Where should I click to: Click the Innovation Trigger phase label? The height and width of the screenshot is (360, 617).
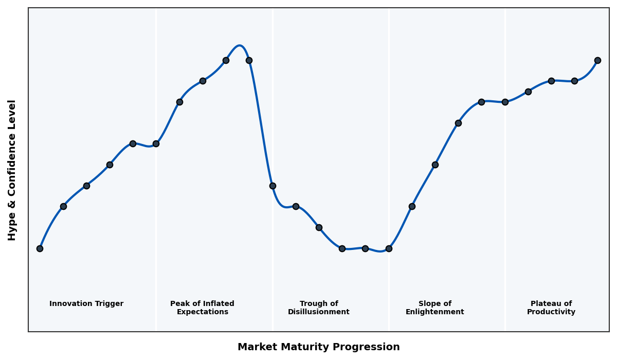86,304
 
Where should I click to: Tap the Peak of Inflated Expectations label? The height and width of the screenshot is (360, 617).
202,308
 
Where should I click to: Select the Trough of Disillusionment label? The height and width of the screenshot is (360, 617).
319,308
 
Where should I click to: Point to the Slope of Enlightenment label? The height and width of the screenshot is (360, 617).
434,308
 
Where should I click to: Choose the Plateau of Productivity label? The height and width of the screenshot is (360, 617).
551,308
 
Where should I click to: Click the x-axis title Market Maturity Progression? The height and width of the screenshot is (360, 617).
318,347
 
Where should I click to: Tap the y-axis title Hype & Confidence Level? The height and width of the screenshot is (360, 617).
12,170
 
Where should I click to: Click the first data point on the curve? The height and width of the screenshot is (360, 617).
40,248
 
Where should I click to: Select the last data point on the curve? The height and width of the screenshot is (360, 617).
597,60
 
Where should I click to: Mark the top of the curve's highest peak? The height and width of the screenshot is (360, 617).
240,45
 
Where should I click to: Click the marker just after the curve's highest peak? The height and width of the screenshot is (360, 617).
249,60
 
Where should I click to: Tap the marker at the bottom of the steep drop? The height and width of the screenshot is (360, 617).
273,186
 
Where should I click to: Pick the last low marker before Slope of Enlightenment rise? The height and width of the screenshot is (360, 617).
389,248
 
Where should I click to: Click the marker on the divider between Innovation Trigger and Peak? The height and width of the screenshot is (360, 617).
156,143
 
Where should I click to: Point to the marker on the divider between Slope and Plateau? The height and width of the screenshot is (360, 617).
505,102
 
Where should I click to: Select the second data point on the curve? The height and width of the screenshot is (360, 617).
63,206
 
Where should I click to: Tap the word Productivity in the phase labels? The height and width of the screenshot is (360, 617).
551,312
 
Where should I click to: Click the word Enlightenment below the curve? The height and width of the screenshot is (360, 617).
434,312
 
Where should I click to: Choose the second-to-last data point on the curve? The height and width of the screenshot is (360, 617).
574,81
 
